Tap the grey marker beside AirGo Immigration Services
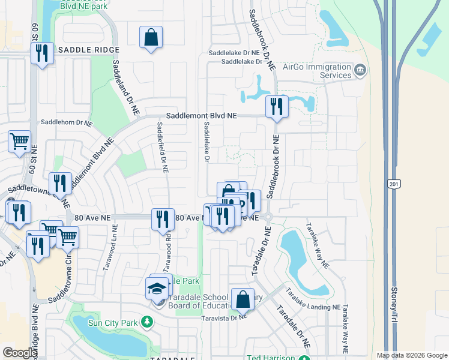tap(360, 71)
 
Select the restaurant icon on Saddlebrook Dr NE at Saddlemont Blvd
tap(277, 107)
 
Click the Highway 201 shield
tap(392, 184)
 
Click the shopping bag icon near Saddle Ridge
tap(151, 38)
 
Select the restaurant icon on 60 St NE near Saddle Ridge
tap(42, 54)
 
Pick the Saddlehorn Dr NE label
tap(67, 122)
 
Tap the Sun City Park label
tap(113, 323)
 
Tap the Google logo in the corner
tap(20, 353)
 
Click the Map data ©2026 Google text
tap(411, 355)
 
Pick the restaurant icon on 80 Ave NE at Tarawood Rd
tap(163, 219)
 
